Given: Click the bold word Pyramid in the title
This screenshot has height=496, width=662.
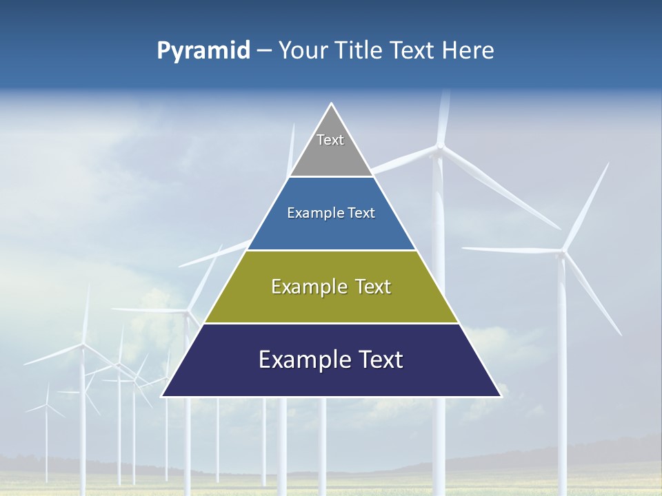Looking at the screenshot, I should (203, 51).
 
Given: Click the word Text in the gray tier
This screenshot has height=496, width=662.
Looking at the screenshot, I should (330, 140).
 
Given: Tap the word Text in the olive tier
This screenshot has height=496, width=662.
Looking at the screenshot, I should (373, 287).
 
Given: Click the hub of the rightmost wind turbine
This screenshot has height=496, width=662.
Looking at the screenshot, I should (565, 252).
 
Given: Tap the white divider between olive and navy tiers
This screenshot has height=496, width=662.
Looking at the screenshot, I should (331, 323).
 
